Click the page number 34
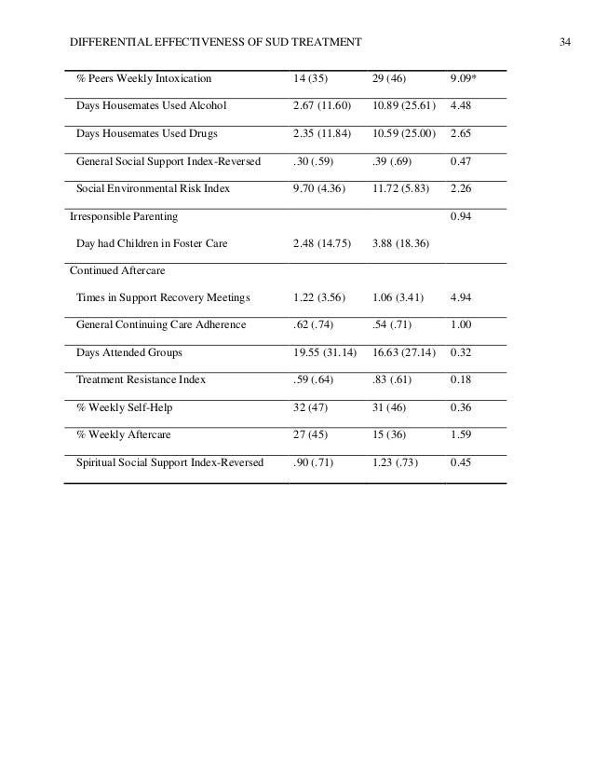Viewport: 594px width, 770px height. pyautogui.click(x=563, y=43)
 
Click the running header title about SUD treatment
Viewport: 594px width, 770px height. pyautogui.click(x=217, y=43)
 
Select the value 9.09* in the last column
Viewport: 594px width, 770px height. pyautogui.click(x=465, y=76)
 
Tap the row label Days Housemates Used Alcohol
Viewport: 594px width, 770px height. pyautogui.click(x=150, y=104)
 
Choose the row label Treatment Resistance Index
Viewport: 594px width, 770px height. pyautogui.click(x=140, y=380)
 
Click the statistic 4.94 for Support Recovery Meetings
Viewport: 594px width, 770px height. pyautogui.click(x=462, y=298)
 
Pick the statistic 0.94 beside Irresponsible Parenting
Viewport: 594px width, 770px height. pyautogui.click(x=462, y=216)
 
